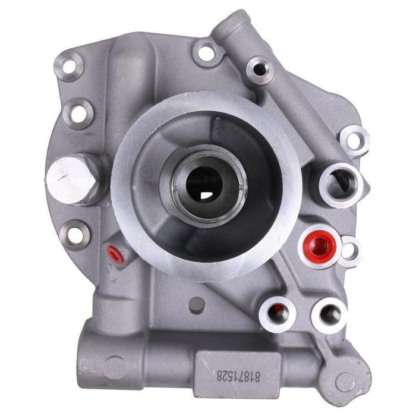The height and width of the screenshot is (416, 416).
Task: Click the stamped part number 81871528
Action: point(231,375)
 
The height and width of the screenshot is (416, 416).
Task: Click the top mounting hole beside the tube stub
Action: point(206,52)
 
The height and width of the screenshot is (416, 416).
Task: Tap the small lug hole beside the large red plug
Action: point(349,250)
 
